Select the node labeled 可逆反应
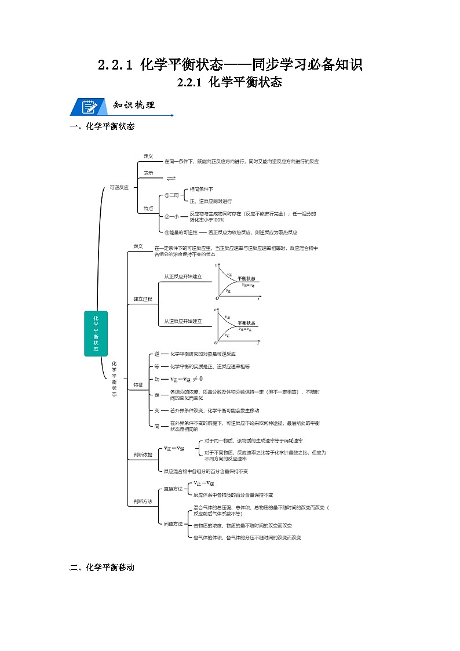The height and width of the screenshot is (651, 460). [119, 187]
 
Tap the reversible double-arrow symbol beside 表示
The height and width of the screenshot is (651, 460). [171, 177]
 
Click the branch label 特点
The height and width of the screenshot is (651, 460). [148, 208]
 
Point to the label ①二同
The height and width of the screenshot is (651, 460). [171, 195]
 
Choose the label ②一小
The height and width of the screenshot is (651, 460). [171, 217]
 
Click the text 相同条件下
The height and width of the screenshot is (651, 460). [202, 189]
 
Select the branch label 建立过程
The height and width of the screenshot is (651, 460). [143, 299]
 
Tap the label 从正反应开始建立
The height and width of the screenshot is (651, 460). [182, 277]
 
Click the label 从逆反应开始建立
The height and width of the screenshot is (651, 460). [182, 321]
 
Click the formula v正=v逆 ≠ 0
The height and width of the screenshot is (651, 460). [187, 379]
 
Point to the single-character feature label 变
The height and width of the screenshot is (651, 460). [156, 410]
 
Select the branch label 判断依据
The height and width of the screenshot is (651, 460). [143, 455]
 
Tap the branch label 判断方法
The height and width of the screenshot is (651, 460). [143, 501]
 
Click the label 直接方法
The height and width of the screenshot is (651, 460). [173, 489]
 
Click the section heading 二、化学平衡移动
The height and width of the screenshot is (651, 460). [102, 568]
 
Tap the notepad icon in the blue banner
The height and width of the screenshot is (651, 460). [89, 107]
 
